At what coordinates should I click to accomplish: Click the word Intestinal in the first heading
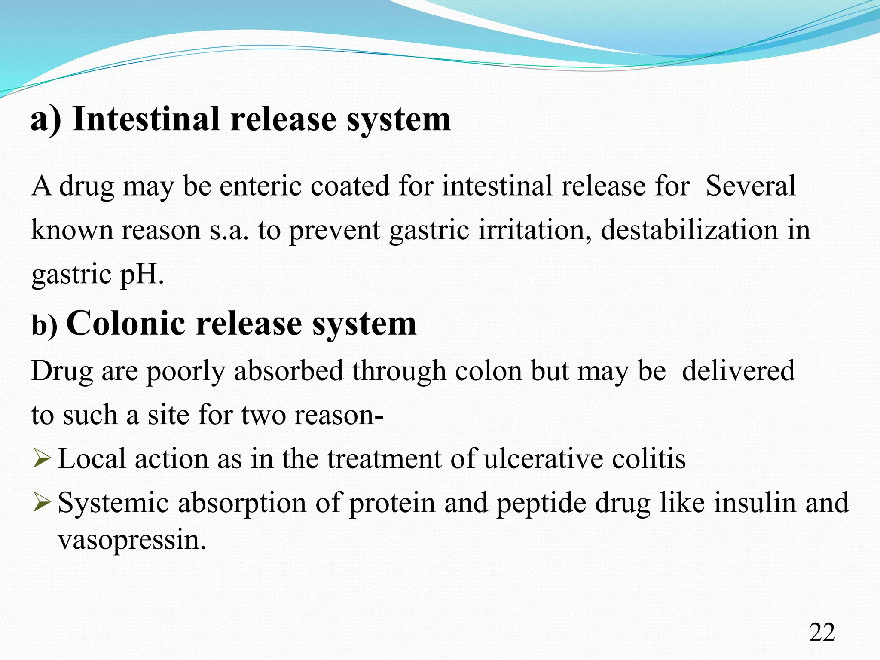click(x=146, y=119)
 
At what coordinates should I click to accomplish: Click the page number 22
click(x=822, y=632)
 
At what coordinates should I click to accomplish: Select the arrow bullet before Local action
click(x=42, y=458)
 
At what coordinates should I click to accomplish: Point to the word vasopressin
click(x=132, y=540)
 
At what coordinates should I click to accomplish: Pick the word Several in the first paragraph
click(x=750, y=186)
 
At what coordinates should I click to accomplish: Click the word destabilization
click(x=689, y=230)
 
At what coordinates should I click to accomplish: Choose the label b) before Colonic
click(x=44, y=325)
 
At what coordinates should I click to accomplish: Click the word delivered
click(x=738, y=370)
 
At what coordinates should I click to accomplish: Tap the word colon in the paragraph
click(x=488, y=370)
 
